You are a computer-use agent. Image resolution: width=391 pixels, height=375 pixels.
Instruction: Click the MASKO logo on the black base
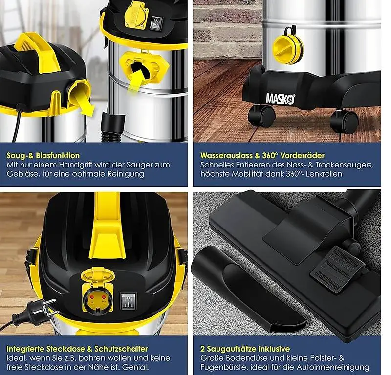tap(281, 99)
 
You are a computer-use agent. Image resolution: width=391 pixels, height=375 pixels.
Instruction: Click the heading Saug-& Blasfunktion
tap(43, 155)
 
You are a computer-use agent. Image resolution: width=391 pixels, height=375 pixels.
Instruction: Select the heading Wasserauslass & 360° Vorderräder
tap(262, 155)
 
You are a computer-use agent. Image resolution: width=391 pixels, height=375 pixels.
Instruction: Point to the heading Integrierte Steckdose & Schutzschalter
tap(77, 349)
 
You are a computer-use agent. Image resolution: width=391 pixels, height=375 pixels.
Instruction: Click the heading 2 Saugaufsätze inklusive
tap(245, 349)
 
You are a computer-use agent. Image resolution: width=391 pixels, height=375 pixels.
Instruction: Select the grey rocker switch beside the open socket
tap(129, 301)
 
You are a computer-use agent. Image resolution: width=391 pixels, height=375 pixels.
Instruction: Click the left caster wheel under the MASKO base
tap(261, 116)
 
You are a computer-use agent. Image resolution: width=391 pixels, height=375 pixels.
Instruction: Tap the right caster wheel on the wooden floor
tap(345, 122)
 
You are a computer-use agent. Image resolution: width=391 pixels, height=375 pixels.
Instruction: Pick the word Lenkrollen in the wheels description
tap(324, 174)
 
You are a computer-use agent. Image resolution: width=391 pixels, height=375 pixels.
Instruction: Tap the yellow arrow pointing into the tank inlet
tap(136, 79)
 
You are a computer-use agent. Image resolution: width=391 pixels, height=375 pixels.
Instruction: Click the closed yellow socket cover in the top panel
tap(136, 16)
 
